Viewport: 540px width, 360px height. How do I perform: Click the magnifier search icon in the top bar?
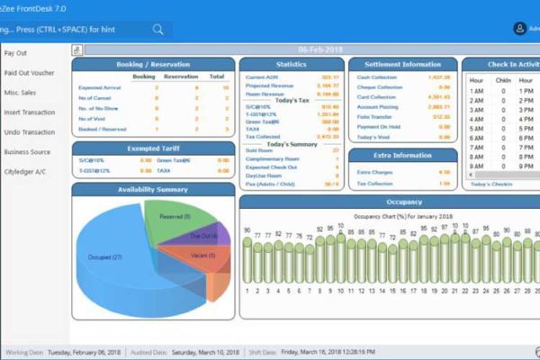point(158,29)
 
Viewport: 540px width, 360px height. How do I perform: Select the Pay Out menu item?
point(15,53)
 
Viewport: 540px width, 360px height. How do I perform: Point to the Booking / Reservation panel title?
point(153,65)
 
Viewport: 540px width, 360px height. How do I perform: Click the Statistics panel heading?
point(291,65)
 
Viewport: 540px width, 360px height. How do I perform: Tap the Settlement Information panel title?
point(402,65)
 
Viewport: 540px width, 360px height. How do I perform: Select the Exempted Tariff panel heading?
point(153,148)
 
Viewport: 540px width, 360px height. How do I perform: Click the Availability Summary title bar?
point(153,189)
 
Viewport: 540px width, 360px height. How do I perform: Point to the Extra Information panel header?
point(402,156)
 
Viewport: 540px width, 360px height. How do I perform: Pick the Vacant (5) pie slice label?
point(202,255)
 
